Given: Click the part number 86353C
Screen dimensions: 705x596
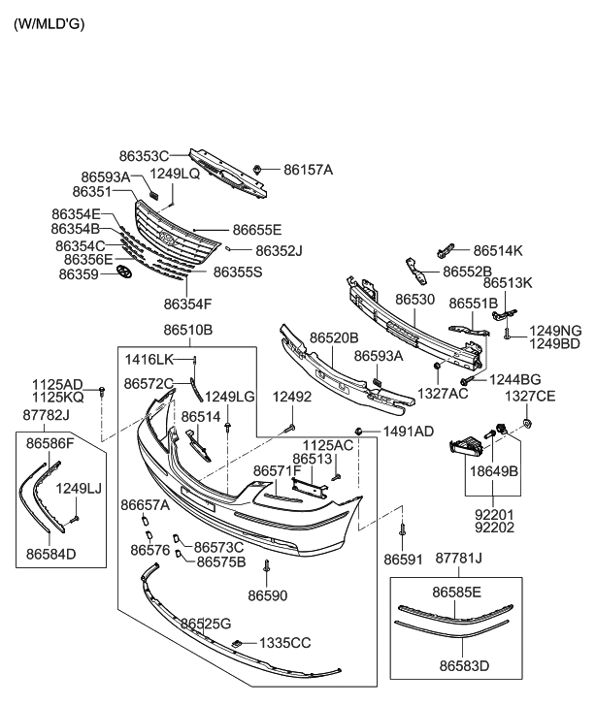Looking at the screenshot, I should click(144, 155).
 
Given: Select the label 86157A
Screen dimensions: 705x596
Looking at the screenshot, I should click(308, 170).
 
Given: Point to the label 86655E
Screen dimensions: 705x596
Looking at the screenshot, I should click(256, 230).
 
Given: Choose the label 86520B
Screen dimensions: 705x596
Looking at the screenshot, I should click(334, 337).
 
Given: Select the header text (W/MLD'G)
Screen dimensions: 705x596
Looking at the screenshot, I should click(49, 22).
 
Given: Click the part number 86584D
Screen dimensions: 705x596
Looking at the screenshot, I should click(51, 555).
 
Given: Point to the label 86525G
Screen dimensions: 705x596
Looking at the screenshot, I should click(205, 622).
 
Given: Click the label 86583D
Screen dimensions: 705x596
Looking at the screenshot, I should click(464, 666).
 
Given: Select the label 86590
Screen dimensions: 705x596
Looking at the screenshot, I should click(267, 594).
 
